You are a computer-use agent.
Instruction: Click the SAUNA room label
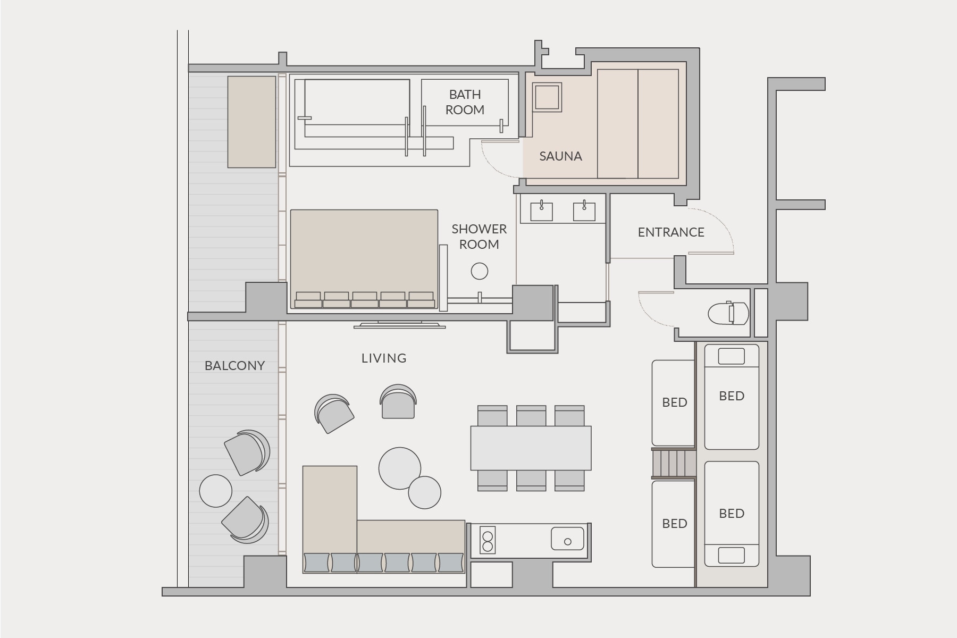click(560, 156)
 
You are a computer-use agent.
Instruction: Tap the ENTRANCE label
click(671, 232)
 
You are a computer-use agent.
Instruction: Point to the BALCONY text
click(234, 366)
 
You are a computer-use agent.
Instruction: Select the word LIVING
click(384, 358)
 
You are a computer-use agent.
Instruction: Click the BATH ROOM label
click(465, 102)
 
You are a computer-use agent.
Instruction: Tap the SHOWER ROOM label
click(479, 237)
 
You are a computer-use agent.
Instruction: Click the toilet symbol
click(728, 314)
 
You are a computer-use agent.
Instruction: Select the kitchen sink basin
click(567, 539)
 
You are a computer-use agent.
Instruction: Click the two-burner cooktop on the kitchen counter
click(488, 540)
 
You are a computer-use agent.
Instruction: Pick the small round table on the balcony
click(216, 491)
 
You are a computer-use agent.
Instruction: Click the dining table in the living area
click(531, 448)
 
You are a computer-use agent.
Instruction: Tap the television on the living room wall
click(399, 324)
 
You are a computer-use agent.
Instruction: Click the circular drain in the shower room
click(480, 271)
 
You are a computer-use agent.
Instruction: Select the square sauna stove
click(548, 97)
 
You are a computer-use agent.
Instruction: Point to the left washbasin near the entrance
click(541, 211)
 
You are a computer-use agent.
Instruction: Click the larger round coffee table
click(400, 468)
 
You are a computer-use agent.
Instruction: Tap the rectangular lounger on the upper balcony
click(252, 122)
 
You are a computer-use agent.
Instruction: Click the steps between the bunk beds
click(674, 463)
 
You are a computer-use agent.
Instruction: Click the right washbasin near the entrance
click(584, 211)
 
